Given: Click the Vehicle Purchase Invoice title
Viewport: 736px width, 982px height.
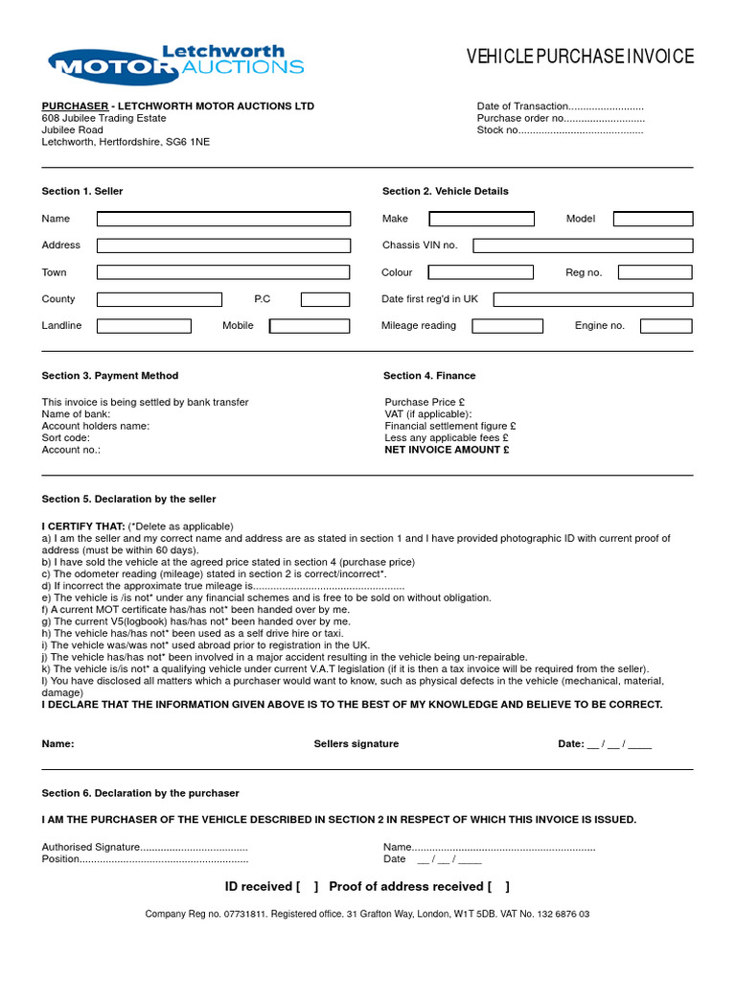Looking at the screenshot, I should (580, 58).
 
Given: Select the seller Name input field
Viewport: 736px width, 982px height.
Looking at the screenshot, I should (223, 219).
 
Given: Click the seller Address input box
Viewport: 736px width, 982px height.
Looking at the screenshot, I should (223, 245).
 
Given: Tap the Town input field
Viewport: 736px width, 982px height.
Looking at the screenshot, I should (223, 272).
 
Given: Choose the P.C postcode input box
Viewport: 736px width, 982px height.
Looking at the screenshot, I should (325, 299).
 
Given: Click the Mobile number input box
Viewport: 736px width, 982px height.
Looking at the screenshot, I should (310, 326).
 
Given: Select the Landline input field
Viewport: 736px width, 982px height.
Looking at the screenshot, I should (144, 326).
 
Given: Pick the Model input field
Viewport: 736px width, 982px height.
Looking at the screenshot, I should (653, 219).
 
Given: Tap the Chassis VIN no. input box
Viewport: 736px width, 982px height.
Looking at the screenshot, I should (583, 245).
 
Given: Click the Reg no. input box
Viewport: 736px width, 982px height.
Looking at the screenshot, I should (655, 272).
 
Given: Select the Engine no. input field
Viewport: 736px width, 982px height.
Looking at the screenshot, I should (666, 326).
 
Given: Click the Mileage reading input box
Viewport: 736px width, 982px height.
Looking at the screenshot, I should (507, 326).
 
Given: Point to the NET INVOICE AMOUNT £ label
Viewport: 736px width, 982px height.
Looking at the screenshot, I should (447, 450).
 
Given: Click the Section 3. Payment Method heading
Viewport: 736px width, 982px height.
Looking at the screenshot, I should (110, 376).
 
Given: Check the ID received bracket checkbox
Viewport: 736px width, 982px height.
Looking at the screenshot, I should (308, 887).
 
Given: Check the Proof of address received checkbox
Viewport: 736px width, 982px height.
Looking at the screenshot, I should (498, 887).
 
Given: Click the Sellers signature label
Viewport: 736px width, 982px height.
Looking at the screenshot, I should (356, 744).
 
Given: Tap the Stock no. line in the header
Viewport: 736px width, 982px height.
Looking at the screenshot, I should (560, 130).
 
